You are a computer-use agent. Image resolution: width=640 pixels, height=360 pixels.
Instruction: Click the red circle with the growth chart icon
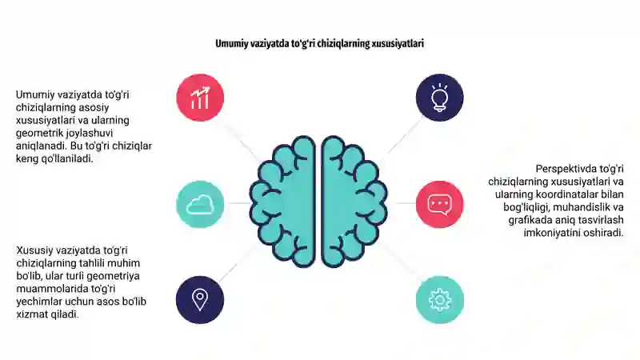point(200,98)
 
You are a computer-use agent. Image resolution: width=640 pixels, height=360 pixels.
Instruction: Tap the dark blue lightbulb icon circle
point(439,98)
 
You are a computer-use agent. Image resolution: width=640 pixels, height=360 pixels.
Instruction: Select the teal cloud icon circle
point(200,204)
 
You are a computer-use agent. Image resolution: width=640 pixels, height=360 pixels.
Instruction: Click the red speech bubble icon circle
point(439,204)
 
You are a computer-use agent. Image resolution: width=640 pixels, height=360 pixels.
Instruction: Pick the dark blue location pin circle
point(200,299)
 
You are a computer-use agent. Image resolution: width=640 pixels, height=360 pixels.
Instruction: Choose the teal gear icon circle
point(439,299)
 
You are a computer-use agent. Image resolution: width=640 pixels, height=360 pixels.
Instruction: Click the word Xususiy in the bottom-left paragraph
point(34,250)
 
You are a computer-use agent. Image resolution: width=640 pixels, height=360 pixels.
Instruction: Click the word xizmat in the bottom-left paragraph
point(32,314)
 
